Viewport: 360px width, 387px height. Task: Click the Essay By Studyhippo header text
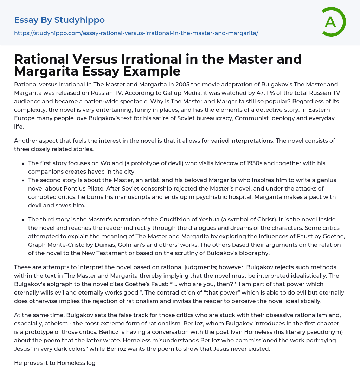[x=59, y=20]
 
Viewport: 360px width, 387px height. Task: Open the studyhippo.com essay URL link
[x=136, y=33]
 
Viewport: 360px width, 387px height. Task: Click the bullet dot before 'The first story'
[x=23, y=163]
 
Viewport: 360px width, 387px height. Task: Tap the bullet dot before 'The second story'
[x=23, y=180]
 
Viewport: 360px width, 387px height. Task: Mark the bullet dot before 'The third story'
[x=23, y=220]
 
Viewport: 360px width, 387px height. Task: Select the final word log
[x=91, y=363]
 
